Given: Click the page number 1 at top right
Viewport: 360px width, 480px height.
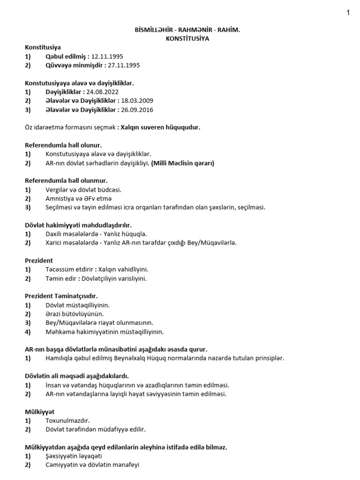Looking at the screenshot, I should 348,13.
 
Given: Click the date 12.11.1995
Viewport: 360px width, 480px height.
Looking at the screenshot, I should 107,56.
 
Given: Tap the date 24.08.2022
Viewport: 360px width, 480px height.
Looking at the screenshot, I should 103,92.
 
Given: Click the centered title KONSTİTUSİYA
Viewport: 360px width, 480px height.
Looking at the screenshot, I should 187,38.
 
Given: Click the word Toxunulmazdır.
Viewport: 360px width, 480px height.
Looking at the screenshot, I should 67,420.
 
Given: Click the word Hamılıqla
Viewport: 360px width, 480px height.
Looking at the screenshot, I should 61,358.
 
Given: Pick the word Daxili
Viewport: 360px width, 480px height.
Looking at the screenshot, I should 54,233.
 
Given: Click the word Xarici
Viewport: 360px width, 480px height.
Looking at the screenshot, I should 55,243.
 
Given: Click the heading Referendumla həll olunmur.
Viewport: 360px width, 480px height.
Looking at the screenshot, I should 66,180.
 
